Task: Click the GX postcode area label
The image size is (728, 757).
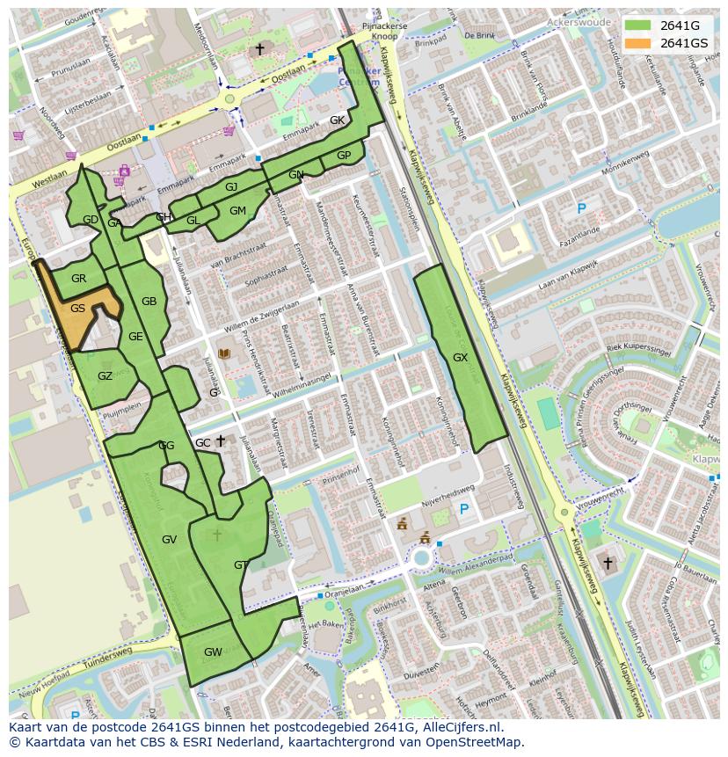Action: coord(460,358)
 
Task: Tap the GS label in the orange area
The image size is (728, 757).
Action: coord(78,308)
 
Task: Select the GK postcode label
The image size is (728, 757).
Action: coord(337,120)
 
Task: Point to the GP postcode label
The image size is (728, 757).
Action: coord(344,156)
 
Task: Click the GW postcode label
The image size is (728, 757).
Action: coord(213,652)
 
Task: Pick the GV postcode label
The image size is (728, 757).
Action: coord(170,539)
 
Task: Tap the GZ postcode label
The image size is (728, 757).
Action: coord(105,376)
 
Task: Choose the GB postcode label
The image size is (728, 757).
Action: coord(149,302)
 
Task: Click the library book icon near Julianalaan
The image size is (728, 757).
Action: coord(224,353)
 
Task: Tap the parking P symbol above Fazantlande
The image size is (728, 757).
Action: coord(580,208)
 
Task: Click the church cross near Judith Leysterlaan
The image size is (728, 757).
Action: coord(608,562)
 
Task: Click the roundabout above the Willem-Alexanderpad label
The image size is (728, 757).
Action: coord(422,557)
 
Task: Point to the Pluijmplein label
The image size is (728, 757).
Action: coord(122,410)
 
